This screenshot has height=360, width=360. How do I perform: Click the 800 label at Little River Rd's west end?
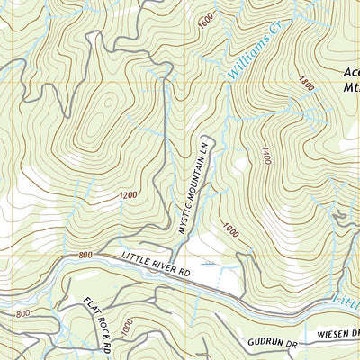pos(85,256)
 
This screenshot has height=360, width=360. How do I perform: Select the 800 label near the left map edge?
pos(22,313)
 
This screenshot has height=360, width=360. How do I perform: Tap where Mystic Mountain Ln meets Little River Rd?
pos(177,253)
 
